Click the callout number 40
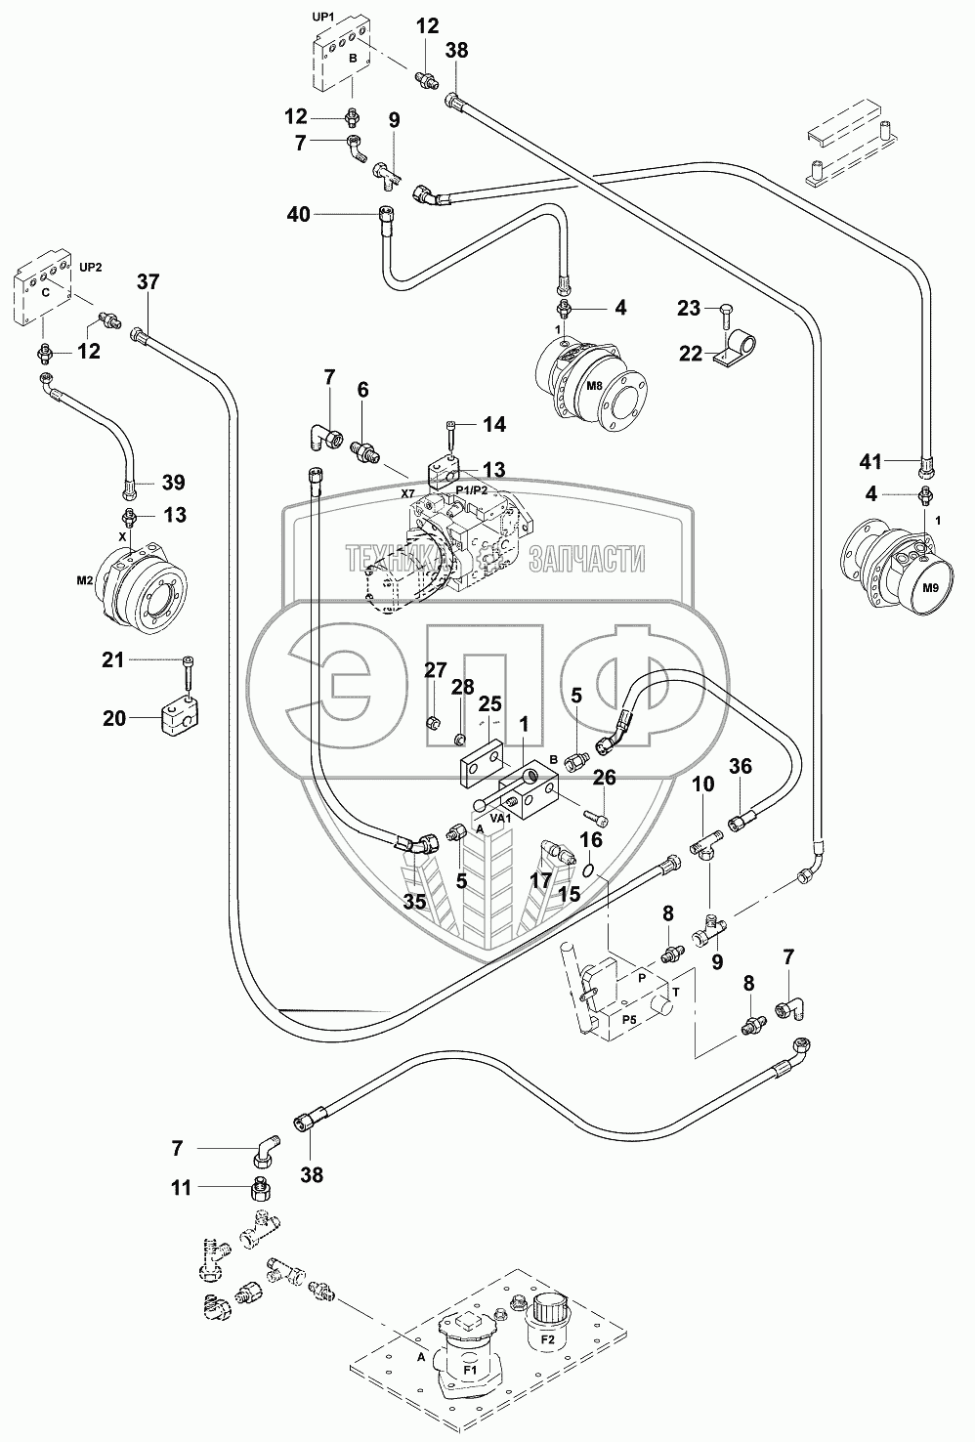coord(298,214)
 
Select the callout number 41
coord(870,461)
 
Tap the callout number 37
coord(148,282)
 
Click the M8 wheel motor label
coord(595,386)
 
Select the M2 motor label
coord(85,580)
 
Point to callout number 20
coord(114,718)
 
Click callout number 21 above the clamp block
coord(114,660)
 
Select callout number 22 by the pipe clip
coord(691,354)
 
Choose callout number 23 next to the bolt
coord(688,309)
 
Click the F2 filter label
coord(547,1340)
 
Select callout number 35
coord(414,902)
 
